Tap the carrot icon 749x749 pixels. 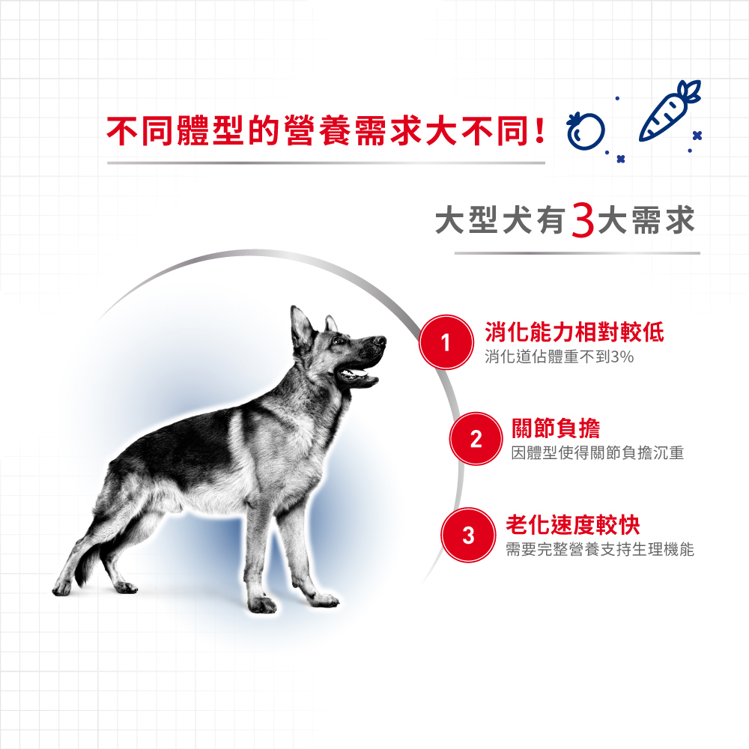pos(671,112)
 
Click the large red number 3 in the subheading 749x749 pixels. pos(581,221)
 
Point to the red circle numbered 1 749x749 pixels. pos(445,342)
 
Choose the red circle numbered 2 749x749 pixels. pos(475,440)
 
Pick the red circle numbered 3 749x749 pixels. pos(467,536)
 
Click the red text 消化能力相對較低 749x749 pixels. pos(574,332)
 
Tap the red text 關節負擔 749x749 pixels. pos(555,429)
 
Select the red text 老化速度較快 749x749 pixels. pos(573,525)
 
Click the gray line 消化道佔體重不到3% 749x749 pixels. pos(560,357)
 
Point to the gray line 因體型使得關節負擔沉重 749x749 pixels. pos(598,453)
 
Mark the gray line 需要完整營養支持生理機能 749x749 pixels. pos(600,551)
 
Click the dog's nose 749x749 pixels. pos(381,341)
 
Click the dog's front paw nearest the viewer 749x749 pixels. pos(262,604)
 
